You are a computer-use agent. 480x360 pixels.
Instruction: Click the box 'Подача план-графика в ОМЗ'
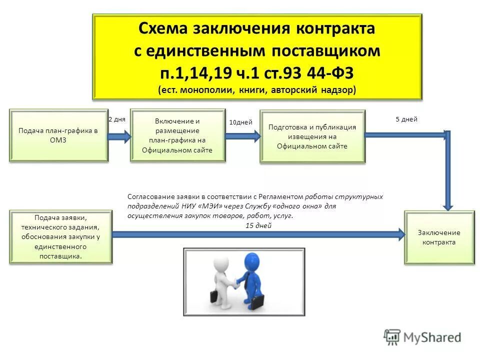pos(58,135)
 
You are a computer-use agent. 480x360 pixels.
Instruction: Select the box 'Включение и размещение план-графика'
pos(177,135)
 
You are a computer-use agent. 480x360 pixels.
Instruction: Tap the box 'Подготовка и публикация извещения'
pos(312,136)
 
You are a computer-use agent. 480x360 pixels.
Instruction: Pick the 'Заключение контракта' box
pos(439,237)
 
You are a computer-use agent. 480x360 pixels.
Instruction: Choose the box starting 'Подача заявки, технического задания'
pos(61,237)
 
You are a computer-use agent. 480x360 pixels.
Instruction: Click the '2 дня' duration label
pos(117,119)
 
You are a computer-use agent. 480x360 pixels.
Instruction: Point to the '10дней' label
pos(240,122)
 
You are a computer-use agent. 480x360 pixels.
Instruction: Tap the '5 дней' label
pos(406,119)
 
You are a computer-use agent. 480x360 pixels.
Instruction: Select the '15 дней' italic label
pos(258,225)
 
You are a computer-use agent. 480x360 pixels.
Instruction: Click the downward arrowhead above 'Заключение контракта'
pos(448,203)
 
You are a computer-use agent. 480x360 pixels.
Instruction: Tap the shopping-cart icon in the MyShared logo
pos(392,337)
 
